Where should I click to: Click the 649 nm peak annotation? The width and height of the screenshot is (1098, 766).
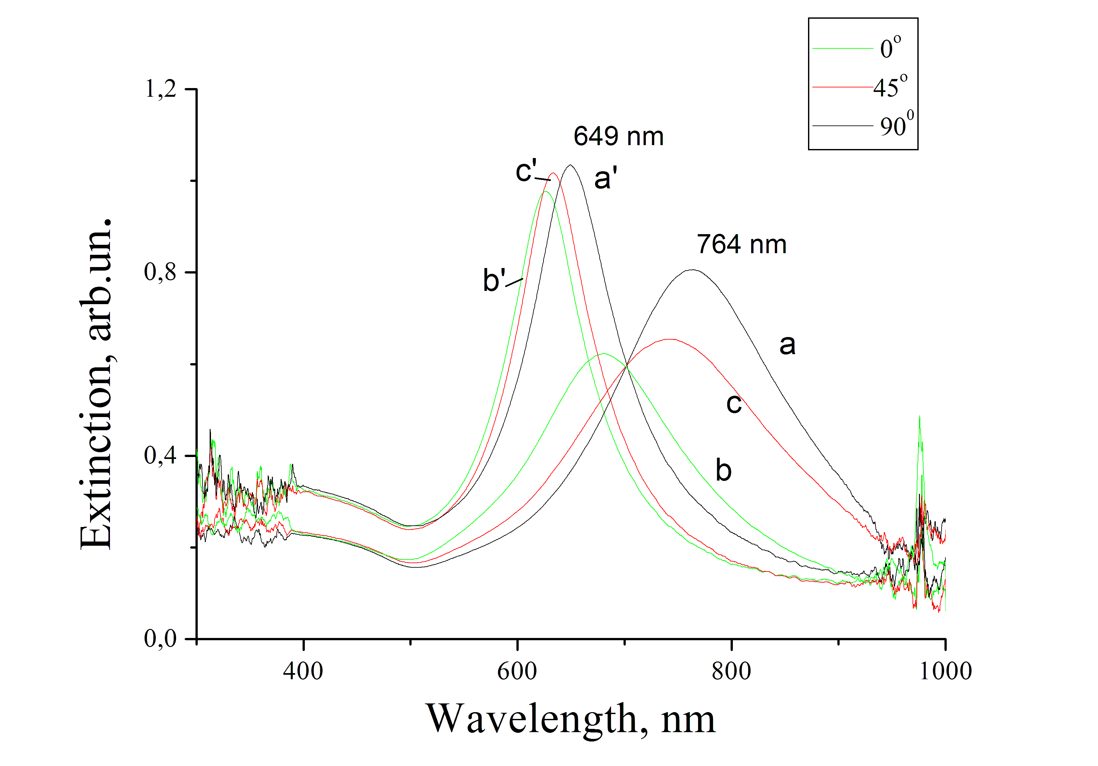[x=618, y=136]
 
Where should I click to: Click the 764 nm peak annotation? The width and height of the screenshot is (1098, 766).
[x=742, y=244]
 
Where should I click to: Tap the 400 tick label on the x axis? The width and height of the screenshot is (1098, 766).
[x=303, y=671]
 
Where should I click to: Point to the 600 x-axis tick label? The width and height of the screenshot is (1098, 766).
[x=517, y=671]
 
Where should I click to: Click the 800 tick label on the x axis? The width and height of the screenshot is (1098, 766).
[x=732, y=671]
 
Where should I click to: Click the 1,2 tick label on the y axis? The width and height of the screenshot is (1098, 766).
[x=161, y=89]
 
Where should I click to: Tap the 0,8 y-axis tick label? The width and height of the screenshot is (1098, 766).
[x=161, y=273]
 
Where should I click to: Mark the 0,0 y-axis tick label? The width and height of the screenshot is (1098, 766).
[x=161, y=639]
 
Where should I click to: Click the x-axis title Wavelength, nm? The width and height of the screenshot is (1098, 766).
[x=571, y=719]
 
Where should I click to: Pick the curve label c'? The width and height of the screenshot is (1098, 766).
[x=526, y=171]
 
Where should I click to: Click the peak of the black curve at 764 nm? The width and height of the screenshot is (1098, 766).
[x=693, y=270]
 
